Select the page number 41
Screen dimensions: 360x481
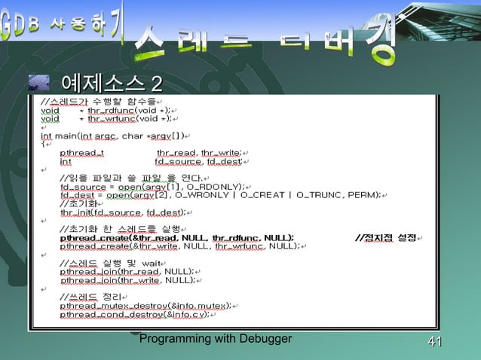[x=434, y=343]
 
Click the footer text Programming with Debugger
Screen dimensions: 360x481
[x=216, y=340]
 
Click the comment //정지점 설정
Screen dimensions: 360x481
[x=385, y=238]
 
